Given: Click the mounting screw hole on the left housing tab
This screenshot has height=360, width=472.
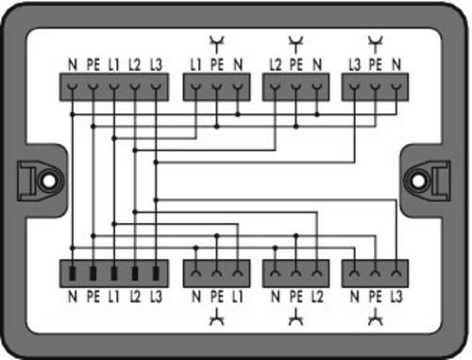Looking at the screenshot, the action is (x=48, y=180).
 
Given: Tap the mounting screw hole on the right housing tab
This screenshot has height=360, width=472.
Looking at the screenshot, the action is (x=418, y=180).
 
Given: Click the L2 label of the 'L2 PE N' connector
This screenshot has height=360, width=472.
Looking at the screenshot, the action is (x=276, y=64).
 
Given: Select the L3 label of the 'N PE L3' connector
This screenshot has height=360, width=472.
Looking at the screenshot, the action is (x=396, y=297).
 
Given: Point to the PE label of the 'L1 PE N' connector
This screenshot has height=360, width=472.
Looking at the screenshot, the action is (x=217, y=64).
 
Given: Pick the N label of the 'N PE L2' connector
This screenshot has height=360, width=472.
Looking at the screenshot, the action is (x=276, y=297).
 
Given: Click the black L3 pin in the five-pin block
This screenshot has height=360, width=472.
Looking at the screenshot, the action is (x=156, y=273).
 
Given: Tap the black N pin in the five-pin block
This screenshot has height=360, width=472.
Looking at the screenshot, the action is (x=73, y=273).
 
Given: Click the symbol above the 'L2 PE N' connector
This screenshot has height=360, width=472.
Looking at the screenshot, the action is (x=295, y=44).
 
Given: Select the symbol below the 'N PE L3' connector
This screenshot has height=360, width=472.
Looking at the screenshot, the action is (x=375, y=317).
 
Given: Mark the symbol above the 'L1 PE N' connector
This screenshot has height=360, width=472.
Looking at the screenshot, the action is (x=217, y=44).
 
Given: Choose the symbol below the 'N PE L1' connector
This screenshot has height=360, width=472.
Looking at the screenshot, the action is (x=217, y=317).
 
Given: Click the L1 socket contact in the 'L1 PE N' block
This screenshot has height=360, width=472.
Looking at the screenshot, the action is (x=195, y=87).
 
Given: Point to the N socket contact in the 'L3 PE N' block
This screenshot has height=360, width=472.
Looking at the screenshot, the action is (x=396, y=87).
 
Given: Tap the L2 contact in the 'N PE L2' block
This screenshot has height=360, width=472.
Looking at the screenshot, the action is (x=317, y=273).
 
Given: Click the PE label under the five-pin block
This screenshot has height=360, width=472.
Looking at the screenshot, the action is (x=93, y=297).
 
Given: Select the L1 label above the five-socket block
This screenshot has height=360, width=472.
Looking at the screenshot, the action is (x=114, y=64).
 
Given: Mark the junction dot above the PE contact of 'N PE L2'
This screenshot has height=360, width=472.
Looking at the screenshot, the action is (x=295, y=235).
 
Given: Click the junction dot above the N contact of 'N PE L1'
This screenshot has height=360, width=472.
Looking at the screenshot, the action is (x=195, y=248).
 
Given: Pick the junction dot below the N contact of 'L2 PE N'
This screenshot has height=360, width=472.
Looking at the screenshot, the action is (x=317, y=114).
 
